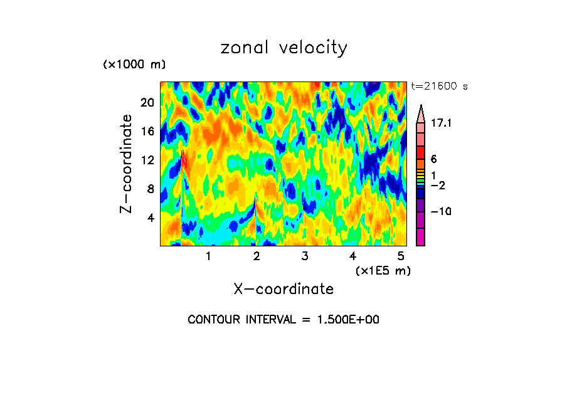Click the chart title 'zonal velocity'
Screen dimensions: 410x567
tap(283, 48)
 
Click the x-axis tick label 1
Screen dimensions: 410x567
tap(208, 256)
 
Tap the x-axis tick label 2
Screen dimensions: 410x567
tap(256, 256)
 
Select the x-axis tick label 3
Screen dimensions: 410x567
tap(304, 256)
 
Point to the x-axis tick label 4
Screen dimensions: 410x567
tap(352, 256)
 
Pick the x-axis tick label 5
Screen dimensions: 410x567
tap(401, 256)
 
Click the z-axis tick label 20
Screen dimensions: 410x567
tap(147, 103)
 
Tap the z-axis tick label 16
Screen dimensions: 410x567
tap(147, 132)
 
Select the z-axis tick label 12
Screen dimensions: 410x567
tap(147, 160)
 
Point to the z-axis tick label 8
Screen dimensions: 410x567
tap(151, 189)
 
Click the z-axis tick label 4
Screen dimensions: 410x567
tap(151, 218)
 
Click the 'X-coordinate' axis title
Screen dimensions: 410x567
tap(283, 289)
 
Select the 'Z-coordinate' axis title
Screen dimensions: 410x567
tap(127, 164)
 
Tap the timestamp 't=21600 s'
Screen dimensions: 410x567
tap(440, 87)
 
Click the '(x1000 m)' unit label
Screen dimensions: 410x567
tap(134, 65)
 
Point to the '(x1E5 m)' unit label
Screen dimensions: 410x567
tap(383, 270)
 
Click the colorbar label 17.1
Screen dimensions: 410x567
tap(441, 124)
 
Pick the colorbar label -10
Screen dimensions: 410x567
tap(441, 212)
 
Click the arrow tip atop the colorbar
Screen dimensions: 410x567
tap(420, 107)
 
